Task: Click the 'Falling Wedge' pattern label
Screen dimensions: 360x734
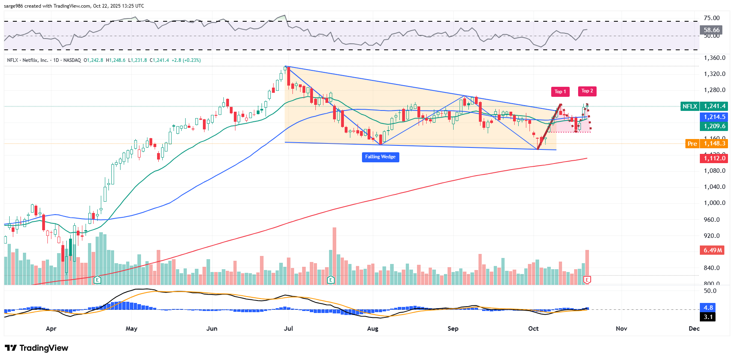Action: coord(380,157)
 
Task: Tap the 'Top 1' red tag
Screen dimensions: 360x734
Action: coord(560,92)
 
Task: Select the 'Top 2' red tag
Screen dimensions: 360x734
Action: coord(587,91)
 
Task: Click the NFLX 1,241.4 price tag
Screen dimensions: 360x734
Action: coord(704,106)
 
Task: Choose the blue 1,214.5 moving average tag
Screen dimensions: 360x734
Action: coord(714,117)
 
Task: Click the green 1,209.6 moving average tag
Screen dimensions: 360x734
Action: coord(714,126)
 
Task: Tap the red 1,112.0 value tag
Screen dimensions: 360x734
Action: coord(714,158)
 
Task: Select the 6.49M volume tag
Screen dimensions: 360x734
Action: coord(713,250)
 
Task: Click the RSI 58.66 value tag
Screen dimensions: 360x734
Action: coord(711,30)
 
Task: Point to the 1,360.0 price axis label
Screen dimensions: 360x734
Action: coord(714,58)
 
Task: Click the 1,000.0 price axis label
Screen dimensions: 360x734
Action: coord(714,203)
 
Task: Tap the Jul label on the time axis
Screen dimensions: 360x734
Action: coord(288,329)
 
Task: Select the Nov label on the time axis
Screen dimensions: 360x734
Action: coord(621,329)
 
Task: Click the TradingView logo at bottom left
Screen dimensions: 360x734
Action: coord(37,348)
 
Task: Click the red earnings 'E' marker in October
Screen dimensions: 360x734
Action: coord(587,280)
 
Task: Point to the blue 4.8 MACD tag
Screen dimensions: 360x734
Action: coord(708,308)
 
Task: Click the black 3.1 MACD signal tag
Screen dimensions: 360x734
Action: coord(708,317)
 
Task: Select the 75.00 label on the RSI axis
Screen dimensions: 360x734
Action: coord(712,18)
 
